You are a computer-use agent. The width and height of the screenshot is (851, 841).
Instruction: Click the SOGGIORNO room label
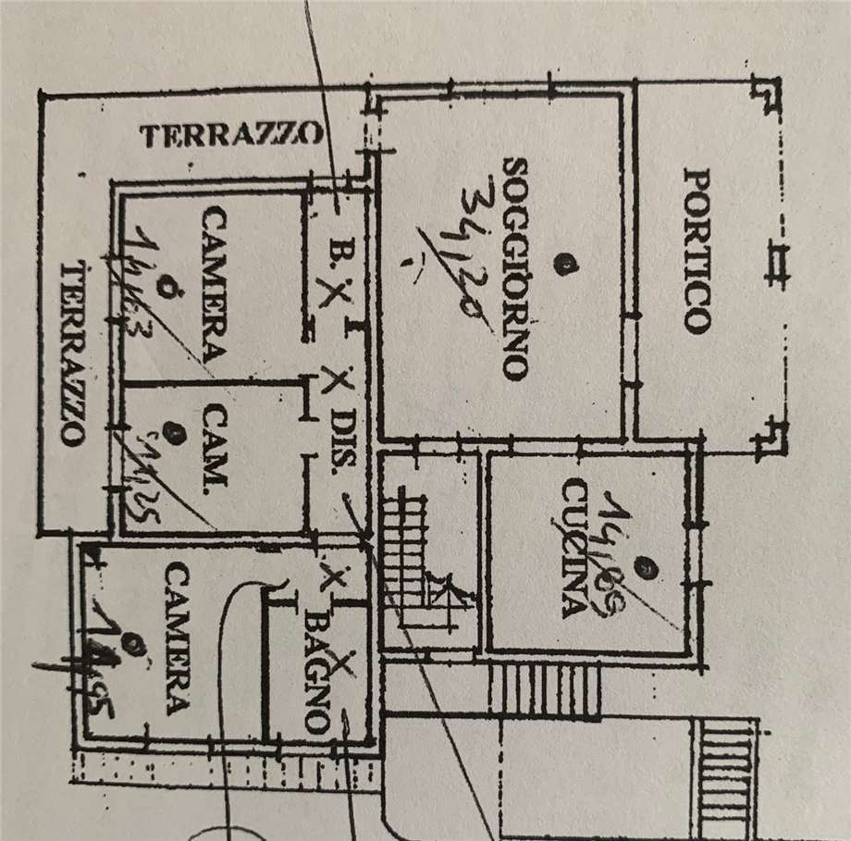coord(515,268)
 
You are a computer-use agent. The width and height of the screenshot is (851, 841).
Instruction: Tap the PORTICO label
coord(697,250)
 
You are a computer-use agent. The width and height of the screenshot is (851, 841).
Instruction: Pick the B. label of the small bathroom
coord(336,251)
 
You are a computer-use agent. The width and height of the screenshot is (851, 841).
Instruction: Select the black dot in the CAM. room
coord(169,429)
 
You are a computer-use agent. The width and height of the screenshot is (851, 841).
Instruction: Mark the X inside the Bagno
coord(343,663)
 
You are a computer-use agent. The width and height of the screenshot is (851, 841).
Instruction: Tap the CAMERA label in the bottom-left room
coord(176,638)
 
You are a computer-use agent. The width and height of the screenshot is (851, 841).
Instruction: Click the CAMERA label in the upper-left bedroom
coord(214,284)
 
